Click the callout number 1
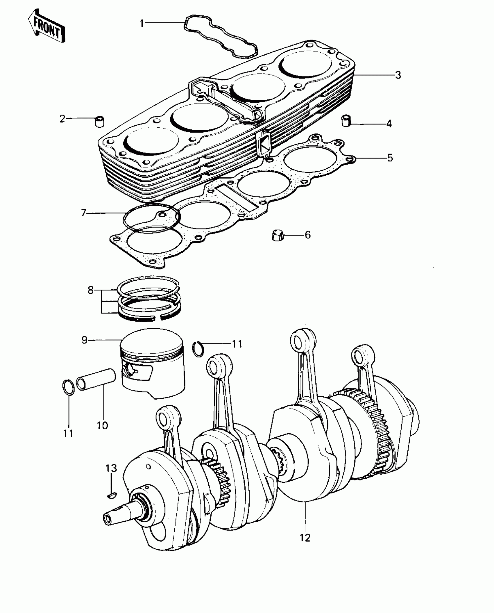click(x=142, y=23)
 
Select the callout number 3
click(x=398, y=75)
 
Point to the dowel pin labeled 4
click(x=346, y=120)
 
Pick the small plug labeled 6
click(x=277, y=235)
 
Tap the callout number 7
click(x=84, y=213)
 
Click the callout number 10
click(x=102, y=425)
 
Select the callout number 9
click(x=85, y=340)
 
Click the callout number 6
click(x=308, y=235)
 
